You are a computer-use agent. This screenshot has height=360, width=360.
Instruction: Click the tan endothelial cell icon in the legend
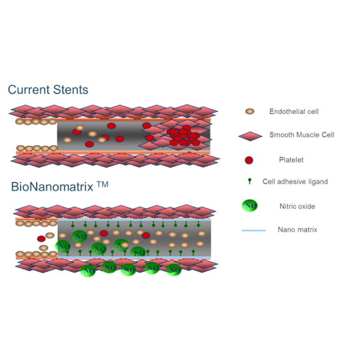click(250, 112)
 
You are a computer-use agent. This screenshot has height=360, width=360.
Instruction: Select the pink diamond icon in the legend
click(250, 136)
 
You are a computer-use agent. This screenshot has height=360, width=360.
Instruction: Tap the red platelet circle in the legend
click(249, 160)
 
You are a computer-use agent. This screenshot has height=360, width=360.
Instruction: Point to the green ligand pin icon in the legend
click(250, 181)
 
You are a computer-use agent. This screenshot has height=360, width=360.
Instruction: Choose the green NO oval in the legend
click(250, 205)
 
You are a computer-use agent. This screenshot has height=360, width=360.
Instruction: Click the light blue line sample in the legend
click(254, 230)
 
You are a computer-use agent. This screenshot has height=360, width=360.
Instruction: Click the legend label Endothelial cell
click(294, 112)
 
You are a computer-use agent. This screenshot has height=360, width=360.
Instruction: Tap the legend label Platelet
click(291, 160)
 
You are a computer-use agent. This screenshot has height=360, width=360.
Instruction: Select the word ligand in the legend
click(318, 182)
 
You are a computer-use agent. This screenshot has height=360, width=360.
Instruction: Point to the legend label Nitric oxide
click(297, 206)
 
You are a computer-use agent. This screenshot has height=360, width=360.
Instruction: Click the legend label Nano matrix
click(298, 230)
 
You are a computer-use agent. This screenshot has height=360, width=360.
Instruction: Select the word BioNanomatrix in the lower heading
click(52, 187)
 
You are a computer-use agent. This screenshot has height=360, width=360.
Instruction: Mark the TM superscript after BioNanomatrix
click(103, 184)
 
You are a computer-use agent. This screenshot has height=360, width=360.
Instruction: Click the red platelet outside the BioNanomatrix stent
click(41, 239)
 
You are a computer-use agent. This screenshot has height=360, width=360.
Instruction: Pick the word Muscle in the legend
click(308, 135)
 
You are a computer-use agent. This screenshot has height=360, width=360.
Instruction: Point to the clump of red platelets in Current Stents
click(184, 136)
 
